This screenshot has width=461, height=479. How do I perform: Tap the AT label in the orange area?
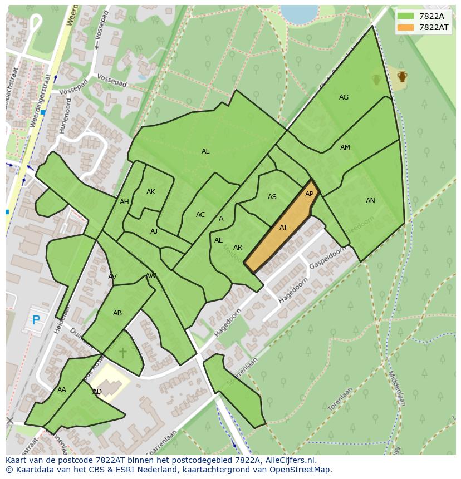283,228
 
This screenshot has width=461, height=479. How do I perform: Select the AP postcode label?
310,194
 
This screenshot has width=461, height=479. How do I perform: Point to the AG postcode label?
344,97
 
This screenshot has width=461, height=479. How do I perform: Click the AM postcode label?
345,147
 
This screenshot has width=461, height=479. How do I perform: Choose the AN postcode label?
370,201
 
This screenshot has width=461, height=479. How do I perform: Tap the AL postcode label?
205,151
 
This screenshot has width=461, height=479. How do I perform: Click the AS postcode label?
272,197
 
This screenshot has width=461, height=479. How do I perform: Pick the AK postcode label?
151,192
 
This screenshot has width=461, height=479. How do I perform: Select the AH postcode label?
124,202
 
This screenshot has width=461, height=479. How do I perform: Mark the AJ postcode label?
154,231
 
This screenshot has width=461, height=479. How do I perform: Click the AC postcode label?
200,215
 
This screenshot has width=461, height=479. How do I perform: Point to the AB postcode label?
117,313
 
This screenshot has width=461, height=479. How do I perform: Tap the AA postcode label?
62,390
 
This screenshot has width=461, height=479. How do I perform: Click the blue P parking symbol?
36,320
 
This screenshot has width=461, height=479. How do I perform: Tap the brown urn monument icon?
401,77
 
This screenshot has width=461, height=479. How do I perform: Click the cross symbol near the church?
122,353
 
